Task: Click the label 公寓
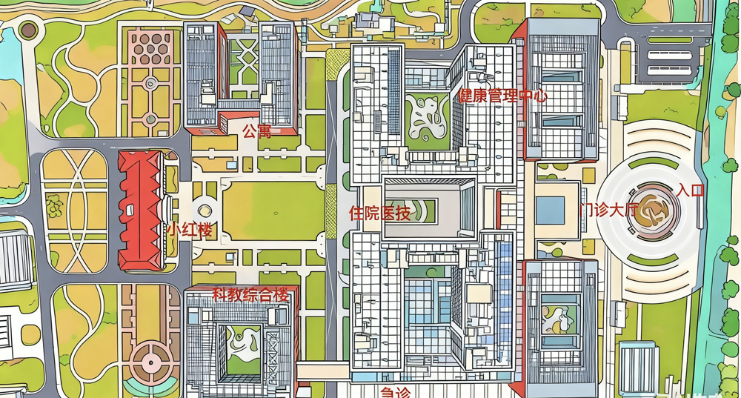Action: click(x=257, y=131)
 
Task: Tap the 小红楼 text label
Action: click(x=189, y=230)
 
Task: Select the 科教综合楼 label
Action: click(x=250, y=294)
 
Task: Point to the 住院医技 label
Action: click(x=379, y=213)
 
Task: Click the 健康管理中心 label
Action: click(x=503, y=96)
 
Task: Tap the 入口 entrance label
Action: click(x=690, y=190)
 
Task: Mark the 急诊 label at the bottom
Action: click(x=395, y=391)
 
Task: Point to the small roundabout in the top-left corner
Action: click(x=28, y=30)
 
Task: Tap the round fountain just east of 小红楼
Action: click(x=205, y=210)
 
